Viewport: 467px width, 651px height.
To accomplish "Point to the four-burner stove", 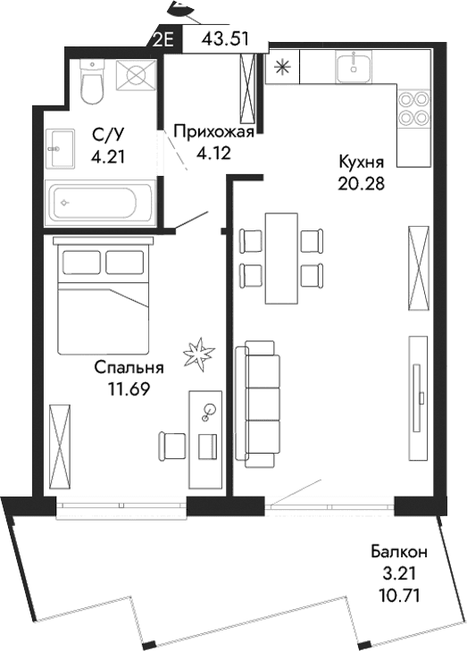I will pyautogui.click(x=413, y=108).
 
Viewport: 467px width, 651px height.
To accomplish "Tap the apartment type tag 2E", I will pyautogui.click(x=165, y=39).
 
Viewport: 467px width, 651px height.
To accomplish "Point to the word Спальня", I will pyautogui.click(x=129, y=368).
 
